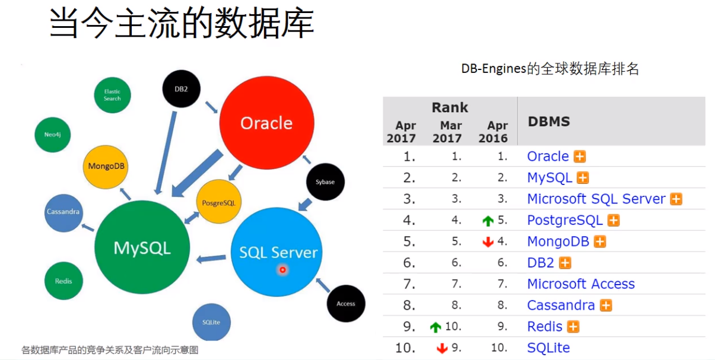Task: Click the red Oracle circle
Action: (266, 123)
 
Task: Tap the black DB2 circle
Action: (181, 89)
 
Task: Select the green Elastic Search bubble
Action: (112, 95)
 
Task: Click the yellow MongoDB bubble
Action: (105, 166)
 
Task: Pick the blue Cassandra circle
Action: (63, 212)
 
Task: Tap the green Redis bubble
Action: (63, 281)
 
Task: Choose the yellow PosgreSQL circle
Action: (218, 202)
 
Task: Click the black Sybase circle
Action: (325, 181)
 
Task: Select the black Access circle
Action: (345, 303)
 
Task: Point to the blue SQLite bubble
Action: (211, 322)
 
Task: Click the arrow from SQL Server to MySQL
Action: (211, 258)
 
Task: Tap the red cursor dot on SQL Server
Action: (282, 270)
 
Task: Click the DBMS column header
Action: (549, 122)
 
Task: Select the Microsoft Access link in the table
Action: (581, 284)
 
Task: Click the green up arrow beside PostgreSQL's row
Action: (488, 221)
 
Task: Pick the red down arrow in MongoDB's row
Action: (488, 242)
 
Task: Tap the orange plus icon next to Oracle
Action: (580, 157)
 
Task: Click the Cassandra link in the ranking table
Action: (561, 305)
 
